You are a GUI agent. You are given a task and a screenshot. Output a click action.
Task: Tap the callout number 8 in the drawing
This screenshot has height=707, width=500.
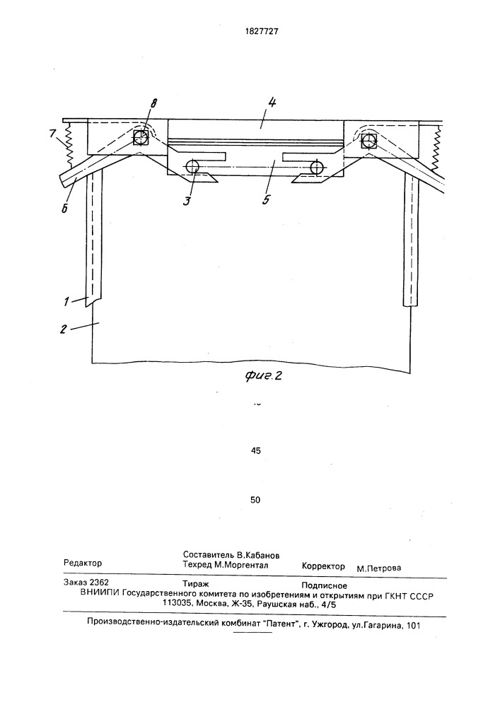pos(153,104)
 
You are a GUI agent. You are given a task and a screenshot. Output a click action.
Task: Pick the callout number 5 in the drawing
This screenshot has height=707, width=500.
pos(266,199)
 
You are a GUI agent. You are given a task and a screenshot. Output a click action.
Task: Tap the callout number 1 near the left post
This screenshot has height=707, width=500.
pos(66,301)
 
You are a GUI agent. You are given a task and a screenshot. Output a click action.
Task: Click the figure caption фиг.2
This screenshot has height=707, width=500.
pos(263,375)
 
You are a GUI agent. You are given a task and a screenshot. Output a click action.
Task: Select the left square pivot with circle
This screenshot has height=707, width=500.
pos(141,138)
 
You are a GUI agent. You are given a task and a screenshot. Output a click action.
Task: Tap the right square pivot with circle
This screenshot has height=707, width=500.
pos(368,141)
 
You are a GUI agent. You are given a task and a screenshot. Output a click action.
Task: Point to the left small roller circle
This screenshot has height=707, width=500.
pos(192,166)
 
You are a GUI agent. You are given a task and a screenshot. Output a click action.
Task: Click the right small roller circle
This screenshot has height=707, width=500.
pos(317,168)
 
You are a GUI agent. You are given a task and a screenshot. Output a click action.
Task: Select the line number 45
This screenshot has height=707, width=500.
pos(255,450)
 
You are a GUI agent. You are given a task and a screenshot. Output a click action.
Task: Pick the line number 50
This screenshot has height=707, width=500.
pos(255,500)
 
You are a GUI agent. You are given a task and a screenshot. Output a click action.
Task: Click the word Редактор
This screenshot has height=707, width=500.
pos(83,563)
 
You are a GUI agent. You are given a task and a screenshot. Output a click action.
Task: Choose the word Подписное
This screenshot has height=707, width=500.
pos(324,585)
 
